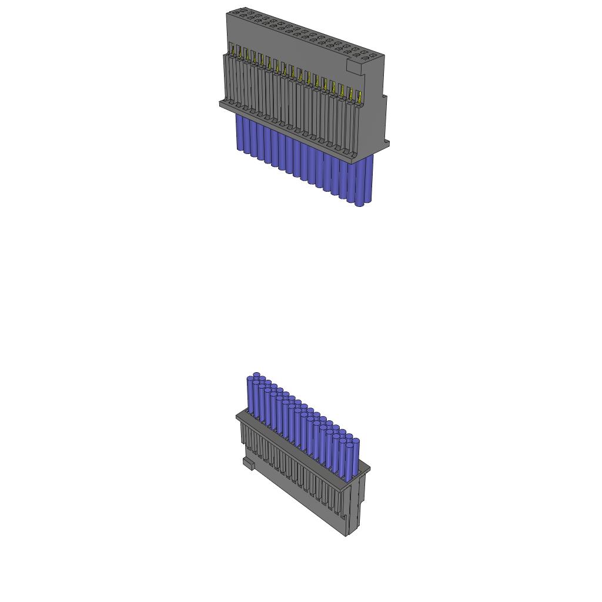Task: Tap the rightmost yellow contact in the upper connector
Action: [360, 93]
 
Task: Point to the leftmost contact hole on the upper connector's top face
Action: [236, 12]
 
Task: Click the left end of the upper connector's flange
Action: [222, 104]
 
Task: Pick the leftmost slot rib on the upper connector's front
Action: [226, 76]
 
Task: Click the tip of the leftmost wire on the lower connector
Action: [256, 375]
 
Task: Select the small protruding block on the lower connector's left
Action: [248, 464]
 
